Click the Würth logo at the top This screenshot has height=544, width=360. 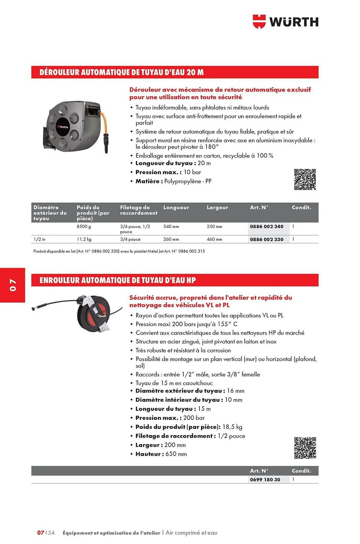pos(285,22)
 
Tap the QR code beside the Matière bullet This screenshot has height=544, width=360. pos(305,180)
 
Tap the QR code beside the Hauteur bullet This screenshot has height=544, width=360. pos(305,448)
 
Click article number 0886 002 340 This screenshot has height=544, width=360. pos(266,227)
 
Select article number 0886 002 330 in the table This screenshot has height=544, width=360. pos(266,239)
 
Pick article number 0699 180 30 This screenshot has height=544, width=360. pos(265,480)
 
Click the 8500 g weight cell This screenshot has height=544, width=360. pos(84,227)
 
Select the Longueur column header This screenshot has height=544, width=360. pos(176,208)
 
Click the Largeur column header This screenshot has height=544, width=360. pos(217,208)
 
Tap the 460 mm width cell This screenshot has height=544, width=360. pos(214,239)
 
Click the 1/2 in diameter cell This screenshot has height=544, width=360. pos(39,239)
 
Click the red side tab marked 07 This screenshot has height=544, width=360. pos(13,285)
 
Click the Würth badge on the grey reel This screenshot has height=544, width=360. pos(63,127)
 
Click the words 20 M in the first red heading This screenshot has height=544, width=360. pos(195,72)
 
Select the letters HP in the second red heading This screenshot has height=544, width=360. pos(191,280)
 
